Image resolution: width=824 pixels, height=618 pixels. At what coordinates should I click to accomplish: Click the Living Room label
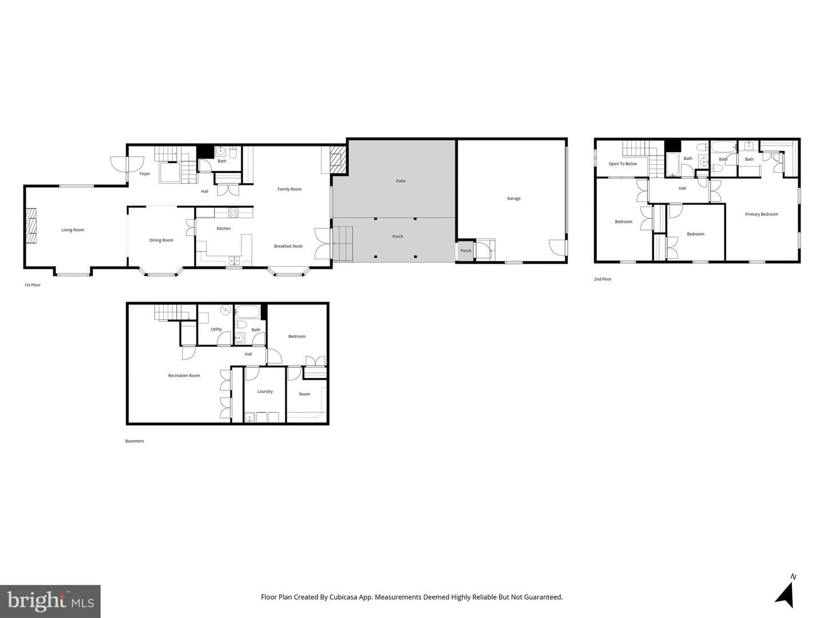tap(73, 230)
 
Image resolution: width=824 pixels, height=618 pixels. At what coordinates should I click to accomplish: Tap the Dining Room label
tap(161, 240)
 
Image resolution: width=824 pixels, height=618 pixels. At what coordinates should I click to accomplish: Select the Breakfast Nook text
tap(288, 246)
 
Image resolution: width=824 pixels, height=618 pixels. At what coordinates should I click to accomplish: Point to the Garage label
tap(513, 199)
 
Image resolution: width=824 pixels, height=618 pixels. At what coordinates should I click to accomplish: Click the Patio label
tap(401, 181)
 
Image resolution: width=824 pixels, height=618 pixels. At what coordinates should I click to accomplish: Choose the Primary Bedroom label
tap(761, 214)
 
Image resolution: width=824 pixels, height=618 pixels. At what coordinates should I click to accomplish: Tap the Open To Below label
tap(623, 164)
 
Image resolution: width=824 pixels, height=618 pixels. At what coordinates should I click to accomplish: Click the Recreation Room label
tap(184, 375)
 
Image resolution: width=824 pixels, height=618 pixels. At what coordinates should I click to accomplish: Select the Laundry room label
tap(265, 391)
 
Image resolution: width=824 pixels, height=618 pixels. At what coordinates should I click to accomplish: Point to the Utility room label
tap(216, 329)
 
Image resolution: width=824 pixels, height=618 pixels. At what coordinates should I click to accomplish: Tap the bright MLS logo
tap(50, 601)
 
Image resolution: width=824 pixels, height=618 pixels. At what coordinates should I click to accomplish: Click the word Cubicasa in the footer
tap(343, 597)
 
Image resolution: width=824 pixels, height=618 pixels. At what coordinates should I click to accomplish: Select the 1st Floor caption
tap(32, 285)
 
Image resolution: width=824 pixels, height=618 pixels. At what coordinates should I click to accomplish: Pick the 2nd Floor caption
tap(603, 279)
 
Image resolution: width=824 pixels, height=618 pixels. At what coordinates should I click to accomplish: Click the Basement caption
tap(134, 441)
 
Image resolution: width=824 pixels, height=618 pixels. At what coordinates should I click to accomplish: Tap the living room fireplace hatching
tap(31, 226)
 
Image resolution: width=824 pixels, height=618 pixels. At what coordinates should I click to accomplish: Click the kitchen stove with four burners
tap(233, 213)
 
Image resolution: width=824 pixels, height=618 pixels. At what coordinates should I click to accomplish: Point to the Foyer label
tap(145, 174)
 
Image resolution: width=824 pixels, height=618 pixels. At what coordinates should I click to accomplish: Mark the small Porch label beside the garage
tap(465, 251)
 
